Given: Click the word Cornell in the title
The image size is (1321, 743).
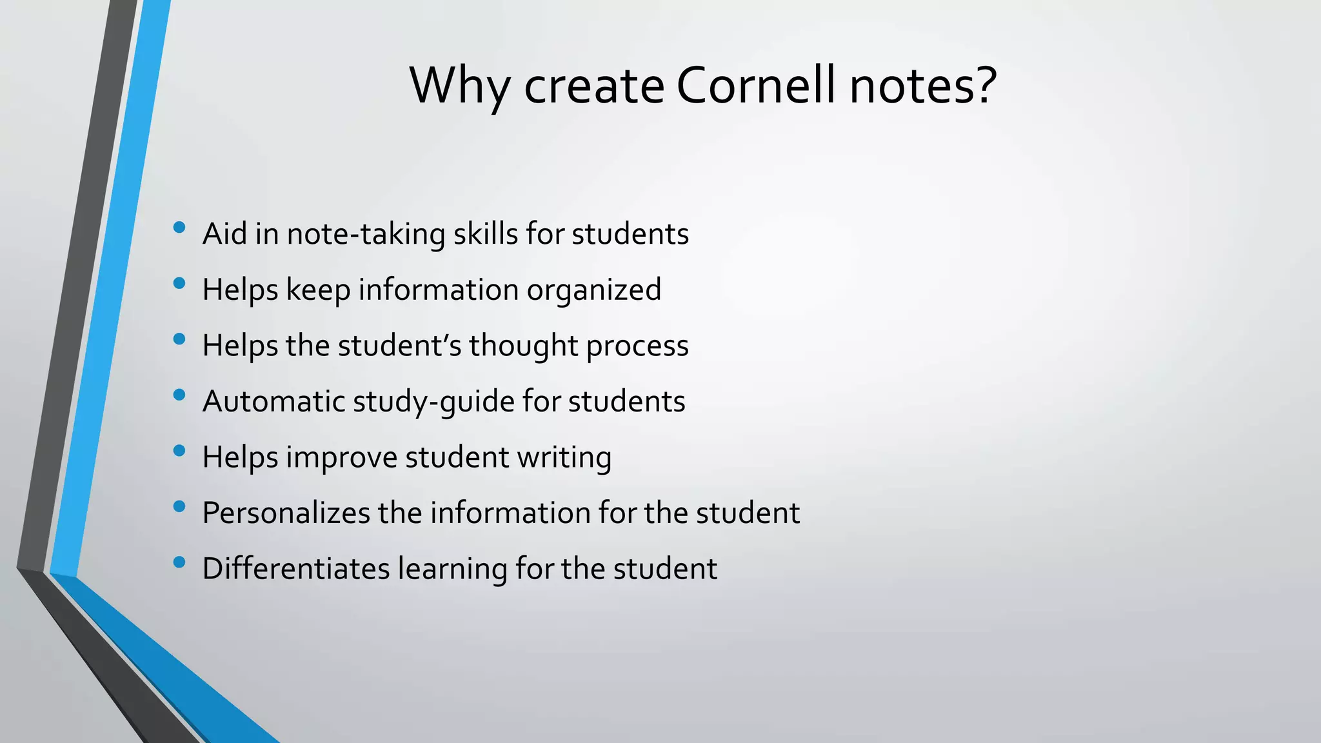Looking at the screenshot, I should [x=757, y=85].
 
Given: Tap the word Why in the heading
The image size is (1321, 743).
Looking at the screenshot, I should [x=459, y=86].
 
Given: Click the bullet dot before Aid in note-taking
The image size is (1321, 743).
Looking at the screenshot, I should [x=179, y=227].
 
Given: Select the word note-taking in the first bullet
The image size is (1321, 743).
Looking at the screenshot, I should [x=366, y=233].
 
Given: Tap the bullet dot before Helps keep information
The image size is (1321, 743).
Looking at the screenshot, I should [x=179, y=282].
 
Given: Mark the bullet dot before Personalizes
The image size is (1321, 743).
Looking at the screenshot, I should [x=179, y=506].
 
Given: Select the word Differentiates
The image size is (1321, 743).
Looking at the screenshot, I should [x=296, y=569].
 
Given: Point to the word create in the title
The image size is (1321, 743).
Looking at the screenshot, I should [x=594, y=86].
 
